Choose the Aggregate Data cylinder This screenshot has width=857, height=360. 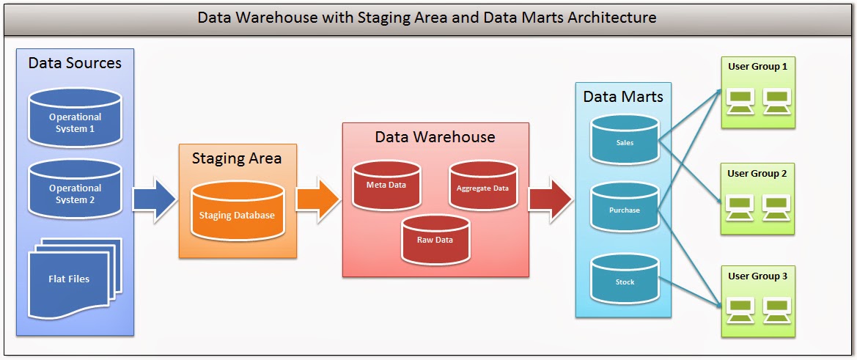click(x=482, y=188)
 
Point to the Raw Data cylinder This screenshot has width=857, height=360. click(x=435, y=240)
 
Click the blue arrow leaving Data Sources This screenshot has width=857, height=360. click(x=155, y=198)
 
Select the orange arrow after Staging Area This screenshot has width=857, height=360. click(x=318, y=198)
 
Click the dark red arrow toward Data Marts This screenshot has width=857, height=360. click(x=551, y=198)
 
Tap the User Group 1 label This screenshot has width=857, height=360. click(x=757, y=67)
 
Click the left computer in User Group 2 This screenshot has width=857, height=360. click(x=739, y=207)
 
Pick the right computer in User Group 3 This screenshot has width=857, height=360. click(x=776, y=309)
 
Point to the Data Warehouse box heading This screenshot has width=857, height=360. click(x=435, y=137)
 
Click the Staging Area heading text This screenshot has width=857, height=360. click(x=237, y=158)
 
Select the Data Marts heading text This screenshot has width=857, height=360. click(x=622, y=96)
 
